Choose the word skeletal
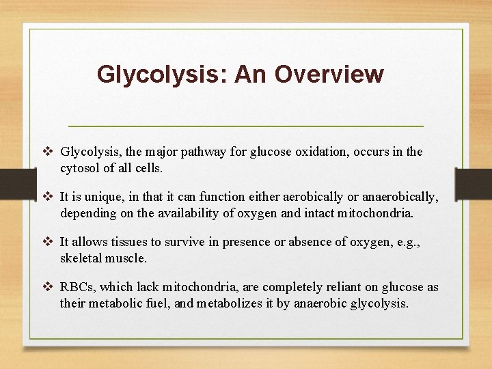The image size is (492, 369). click(83, 258)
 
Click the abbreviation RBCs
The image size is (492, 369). click(78, 287)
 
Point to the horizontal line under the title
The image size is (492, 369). click(246, 126)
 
